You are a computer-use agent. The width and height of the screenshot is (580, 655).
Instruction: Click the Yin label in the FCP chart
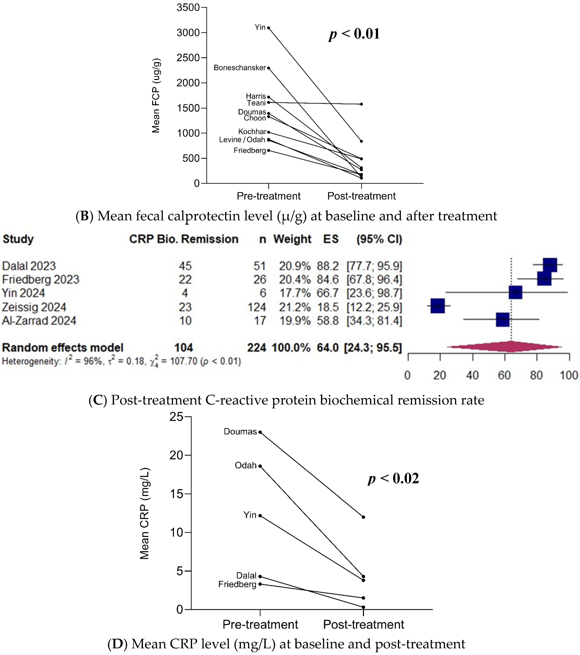pos(260,27)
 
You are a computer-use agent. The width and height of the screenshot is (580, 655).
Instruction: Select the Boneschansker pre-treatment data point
pos(268,68)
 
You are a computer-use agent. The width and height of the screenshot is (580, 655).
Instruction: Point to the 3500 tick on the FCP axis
pos(188,7)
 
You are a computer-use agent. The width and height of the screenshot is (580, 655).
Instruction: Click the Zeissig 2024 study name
pos(34,307)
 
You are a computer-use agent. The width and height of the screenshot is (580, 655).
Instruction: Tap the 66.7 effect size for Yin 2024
pos(328,293)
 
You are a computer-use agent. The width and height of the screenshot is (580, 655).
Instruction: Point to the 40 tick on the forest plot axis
pos(472,375)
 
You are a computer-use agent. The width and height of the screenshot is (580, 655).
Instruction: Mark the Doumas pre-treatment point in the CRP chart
pos(260,432)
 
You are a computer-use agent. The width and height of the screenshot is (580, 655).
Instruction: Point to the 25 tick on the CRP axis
pos(176,417)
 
